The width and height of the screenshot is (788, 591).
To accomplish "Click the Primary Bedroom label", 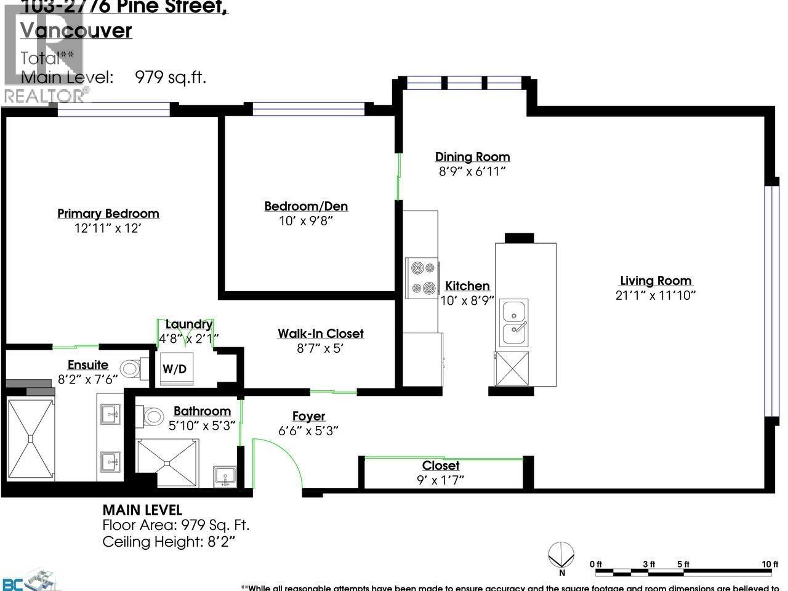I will pos(108,214).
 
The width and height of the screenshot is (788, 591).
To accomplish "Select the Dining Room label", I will pos(472,157).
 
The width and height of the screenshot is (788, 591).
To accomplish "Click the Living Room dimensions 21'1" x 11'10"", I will pos(656,295).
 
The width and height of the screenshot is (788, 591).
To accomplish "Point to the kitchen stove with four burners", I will pos(422,278).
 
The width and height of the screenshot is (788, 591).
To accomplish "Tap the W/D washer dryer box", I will pos(175,369).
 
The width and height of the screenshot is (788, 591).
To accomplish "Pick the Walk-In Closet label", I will pos(320,334).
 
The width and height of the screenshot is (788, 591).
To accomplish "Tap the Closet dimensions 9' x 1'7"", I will pos(440,480).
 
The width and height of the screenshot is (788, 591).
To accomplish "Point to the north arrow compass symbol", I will pos(561,554).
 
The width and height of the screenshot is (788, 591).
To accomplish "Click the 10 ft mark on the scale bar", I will pos(770,564).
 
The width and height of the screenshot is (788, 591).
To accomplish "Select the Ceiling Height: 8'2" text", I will pos(169,542).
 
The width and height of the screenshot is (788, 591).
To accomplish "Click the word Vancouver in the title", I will pos(76,31).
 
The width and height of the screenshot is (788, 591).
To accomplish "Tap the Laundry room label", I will pos(188,324).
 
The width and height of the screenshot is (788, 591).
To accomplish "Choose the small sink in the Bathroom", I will pos(224,476).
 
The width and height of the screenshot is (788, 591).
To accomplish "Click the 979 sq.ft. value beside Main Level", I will pos(170,78).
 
